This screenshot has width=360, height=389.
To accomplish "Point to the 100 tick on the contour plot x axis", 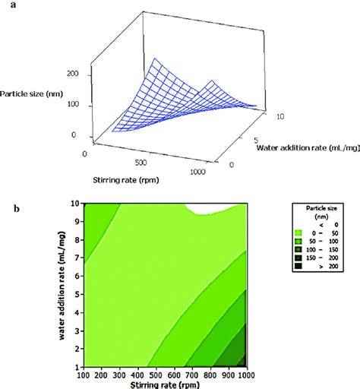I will [85, 375].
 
